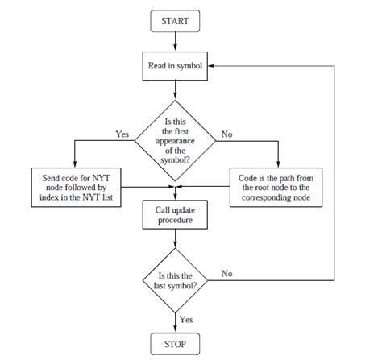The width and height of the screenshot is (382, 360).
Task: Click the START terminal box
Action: click(175, 21)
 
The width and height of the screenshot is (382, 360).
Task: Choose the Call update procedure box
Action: click(175, 213)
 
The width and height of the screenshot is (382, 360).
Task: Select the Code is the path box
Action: click(276, 186)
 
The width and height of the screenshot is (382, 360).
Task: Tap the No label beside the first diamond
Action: click(226, 134)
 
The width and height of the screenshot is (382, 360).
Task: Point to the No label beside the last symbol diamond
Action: click(226, 274)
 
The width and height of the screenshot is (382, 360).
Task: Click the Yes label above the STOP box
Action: click(186, 319)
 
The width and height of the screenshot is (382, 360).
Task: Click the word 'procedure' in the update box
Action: click(175, 219)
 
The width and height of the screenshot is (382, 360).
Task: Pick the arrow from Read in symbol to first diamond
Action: click(175, 91)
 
